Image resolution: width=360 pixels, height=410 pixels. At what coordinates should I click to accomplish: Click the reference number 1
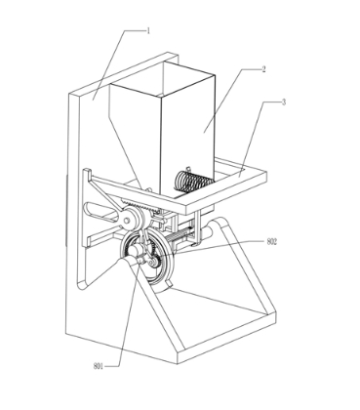click(x=148, y=31)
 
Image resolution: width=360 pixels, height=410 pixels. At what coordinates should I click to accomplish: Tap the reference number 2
click(x=263, y=69)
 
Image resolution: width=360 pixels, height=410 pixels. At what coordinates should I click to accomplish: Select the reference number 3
click(x=284, y=102)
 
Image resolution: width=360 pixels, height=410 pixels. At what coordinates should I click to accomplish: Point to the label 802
click(x=271, y=241)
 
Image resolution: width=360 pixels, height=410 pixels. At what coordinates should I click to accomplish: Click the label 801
click(x=99, y=366)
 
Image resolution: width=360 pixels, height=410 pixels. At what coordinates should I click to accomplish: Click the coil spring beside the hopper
click(x=193, y=182)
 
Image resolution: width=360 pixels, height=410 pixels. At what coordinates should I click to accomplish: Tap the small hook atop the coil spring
click(x=187, y=169)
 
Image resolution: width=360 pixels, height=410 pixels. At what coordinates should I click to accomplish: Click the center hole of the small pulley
click(x=127, y=221)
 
